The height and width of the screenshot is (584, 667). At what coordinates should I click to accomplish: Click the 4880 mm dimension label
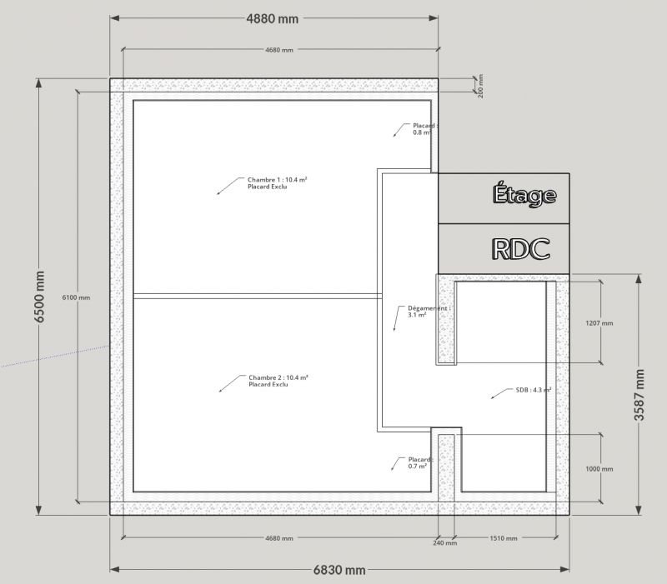coord(273,18)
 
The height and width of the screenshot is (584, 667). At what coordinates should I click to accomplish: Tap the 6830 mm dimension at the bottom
coord(339,570)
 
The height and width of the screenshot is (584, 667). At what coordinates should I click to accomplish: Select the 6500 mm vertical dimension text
coord(39,297)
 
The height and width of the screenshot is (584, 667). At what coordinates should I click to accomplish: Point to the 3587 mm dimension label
coord(639,395)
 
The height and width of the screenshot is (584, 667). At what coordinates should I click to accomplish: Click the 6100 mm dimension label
coord(76,297)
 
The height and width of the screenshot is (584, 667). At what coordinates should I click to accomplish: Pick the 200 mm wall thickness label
coord(481,87)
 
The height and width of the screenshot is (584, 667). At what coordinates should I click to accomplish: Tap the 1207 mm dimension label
coord(599,323)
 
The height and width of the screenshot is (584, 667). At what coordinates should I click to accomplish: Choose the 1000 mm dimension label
coord(599,469)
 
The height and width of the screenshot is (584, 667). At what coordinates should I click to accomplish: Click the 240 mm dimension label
coord(445,543)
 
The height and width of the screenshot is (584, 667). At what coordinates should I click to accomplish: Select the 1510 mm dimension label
coord(504,538)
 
